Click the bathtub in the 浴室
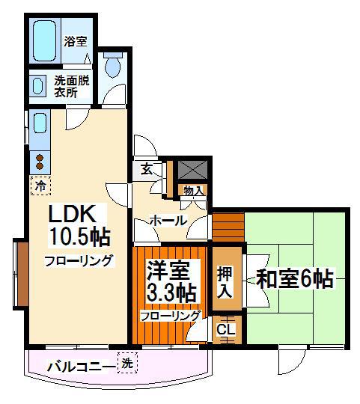[45, 40]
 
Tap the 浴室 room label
[76, 41]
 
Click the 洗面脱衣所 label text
[72, 87]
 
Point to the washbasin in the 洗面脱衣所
[37, 86]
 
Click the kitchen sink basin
[40, 123]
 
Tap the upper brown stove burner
[40, 158]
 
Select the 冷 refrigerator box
[40, 186]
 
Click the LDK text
[73, 213]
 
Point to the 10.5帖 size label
[80, 236]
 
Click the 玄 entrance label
[147, 169]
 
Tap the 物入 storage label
[193, 191]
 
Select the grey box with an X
[193, 169]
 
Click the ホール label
[168, 221]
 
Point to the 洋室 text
[168, 271]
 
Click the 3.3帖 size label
[171, 293]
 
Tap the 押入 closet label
[225, 282]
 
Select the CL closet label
[226, 330]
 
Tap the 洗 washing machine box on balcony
[127, 364]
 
